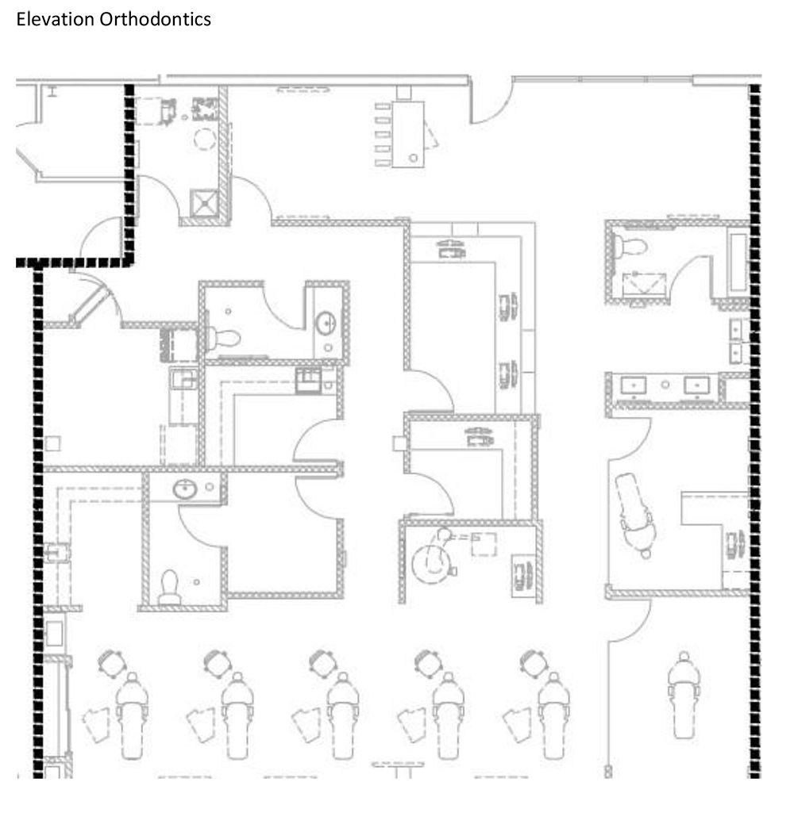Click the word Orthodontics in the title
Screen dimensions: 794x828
155,19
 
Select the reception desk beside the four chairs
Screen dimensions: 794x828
408,134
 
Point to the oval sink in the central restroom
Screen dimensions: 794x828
326,323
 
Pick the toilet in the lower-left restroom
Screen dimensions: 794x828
170,587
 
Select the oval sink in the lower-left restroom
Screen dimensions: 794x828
185,489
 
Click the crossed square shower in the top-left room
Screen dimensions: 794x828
204,203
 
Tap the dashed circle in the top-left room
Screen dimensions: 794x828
205,140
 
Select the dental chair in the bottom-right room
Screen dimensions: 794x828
684,695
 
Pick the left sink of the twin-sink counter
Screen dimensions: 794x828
634,385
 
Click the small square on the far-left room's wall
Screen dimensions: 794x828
52,443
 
